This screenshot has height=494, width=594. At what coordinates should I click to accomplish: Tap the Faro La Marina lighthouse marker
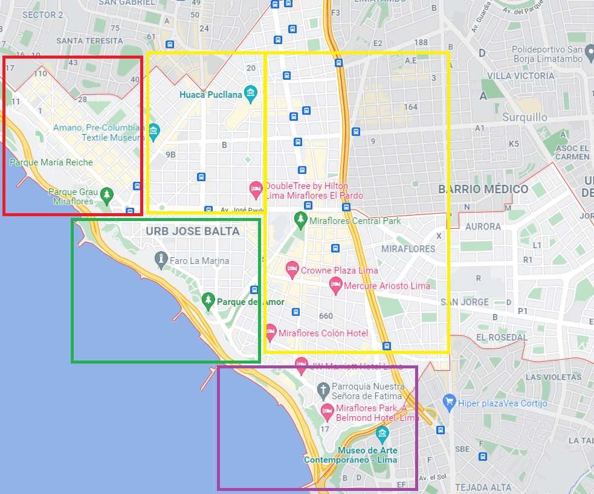pyautogui.click(x=161, y=260)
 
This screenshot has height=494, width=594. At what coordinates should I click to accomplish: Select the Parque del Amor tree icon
pyautogui.click(x=208, y=300)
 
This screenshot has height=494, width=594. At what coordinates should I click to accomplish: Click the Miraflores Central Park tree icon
pyautogui.click(x=300, y=220)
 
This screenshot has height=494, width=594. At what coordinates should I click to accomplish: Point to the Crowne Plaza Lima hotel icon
pyautogui.click(x=292, y=269)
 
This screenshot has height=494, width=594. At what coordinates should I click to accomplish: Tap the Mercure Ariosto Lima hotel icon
pyautogui.click(x=336, y=285)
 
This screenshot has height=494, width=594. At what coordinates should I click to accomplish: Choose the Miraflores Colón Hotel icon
pyautogui.click(x=270, y=332)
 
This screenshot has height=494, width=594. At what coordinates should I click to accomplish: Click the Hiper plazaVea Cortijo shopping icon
pyautogui.click(x=448, y=401)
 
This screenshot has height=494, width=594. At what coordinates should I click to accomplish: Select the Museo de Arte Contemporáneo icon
pyautogui.click(x=382, y=434)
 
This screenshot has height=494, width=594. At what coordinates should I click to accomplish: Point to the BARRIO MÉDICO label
pyautogui.click(x=483, y=189)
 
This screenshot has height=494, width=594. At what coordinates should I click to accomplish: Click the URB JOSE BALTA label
pyautogui.click(x=193, y=231)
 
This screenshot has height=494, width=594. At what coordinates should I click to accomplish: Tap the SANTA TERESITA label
pyautogui.click(x=89, y=40)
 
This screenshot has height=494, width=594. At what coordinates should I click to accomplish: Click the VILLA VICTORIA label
pyautogui.click(x=520, y=76)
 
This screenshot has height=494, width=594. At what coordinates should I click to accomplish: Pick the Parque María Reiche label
pyautogui.click(x=51, y=162)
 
